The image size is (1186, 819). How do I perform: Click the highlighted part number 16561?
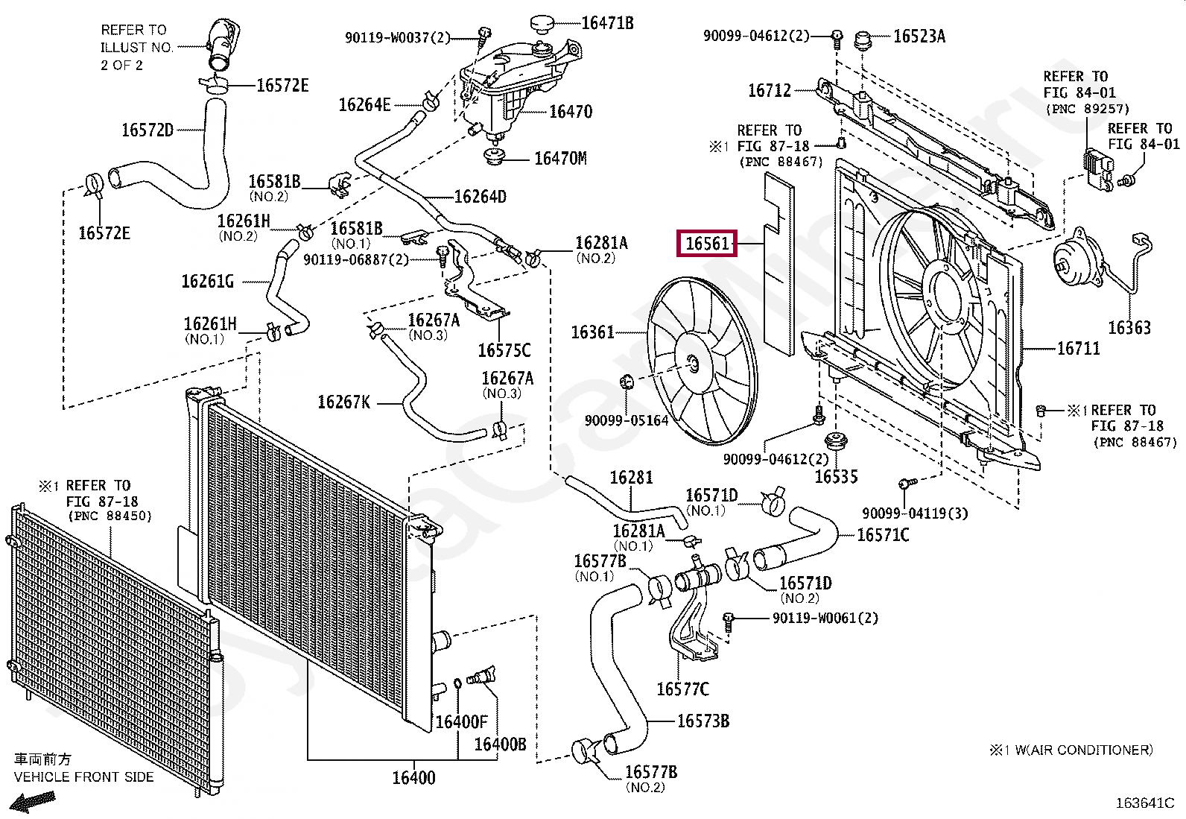tap(706, 244)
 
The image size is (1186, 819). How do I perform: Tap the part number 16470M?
tap(559, 158)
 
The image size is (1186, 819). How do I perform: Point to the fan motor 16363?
tap(1074, 265)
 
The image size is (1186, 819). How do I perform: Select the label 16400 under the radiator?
tap(413, 778)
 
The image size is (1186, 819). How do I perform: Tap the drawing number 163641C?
tap(1144, 803)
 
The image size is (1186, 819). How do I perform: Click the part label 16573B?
tap(703, 721)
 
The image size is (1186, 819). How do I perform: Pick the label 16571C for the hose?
tap(883, 534)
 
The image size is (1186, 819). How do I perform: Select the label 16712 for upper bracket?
tap(769, 90)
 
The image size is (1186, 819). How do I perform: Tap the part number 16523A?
tap(919, 36)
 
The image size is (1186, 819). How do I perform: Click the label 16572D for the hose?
tap(148, 130)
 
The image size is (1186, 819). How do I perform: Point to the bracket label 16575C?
tap(504, 350)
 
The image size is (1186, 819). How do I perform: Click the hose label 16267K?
tap(343, 402)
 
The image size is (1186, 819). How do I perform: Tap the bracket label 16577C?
tap(682, 689)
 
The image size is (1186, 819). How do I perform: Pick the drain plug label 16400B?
tap(500, 744)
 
